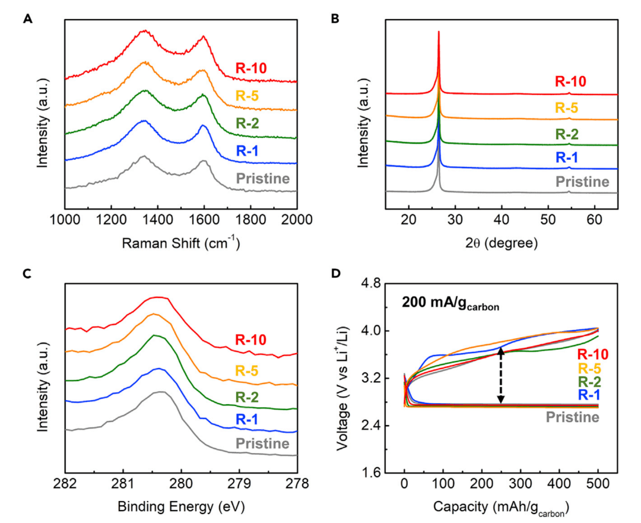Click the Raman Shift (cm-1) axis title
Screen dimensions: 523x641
(180, 243)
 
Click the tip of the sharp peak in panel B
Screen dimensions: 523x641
(439, 32)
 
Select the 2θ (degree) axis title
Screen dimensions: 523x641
(502, 243)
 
